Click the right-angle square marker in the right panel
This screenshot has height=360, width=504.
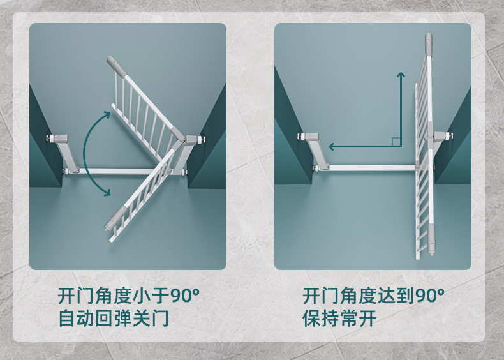(396, 142)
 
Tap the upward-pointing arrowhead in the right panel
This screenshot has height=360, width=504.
(401, 75)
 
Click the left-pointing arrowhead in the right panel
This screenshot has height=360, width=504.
(332, 147)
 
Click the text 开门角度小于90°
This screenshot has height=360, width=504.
(129, 296)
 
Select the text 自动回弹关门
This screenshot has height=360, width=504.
(113, 318)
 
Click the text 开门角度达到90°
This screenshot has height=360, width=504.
(373, 296)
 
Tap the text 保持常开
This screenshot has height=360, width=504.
(339, 318)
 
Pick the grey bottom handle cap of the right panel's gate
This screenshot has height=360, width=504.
(431, 238)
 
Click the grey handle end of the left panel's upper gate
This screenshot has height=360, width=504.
(116, 65)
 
